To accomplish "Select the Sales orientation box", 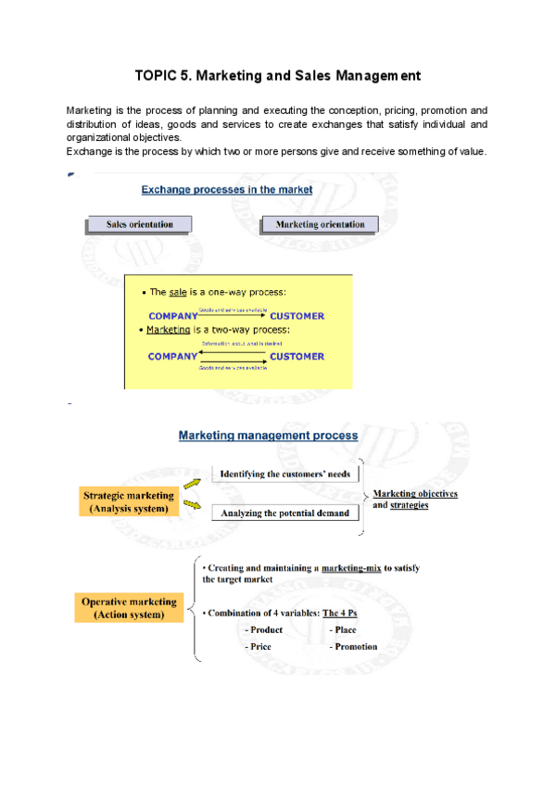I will pos(139,223).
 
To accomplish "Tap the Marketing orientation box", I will pos(321,223).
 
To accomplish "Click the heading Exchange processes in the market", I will pos(226,189).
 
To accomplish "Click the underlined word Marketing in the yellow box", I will pos(168,329).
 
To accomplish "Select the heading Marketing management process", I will pos(268,434).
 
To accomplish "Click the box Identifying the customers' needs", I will pos(284,474).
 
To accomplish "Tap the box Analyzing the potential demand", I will pos(284,513).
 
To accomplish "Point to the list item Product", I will pos(265,629).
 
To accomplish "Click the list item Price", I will pos(259,646).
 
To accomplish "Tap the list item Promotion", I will pos(354,646).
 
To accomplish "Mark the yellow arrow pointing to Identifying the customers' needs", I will pos(192,482).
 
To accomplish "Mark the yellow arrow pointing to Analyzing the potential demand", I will pos(193,505).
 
